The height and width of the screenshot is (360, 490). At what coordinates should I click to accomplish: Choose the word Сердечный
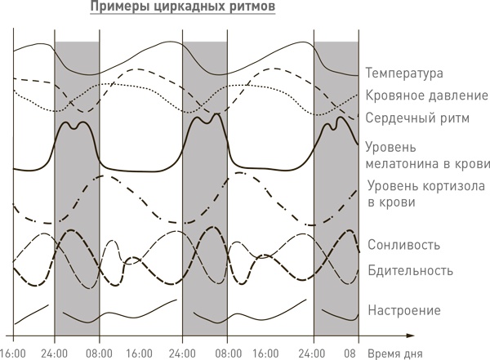click(400, 118)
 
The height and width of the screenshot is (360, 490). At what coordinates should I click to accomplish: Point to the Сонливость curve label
click(404, 245)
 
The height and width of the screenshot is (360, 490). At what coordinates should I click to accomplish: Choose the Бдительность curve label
click(410, 270)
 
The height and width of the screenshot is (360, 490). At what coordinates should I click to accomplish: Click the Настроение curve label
click(404, 311)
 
